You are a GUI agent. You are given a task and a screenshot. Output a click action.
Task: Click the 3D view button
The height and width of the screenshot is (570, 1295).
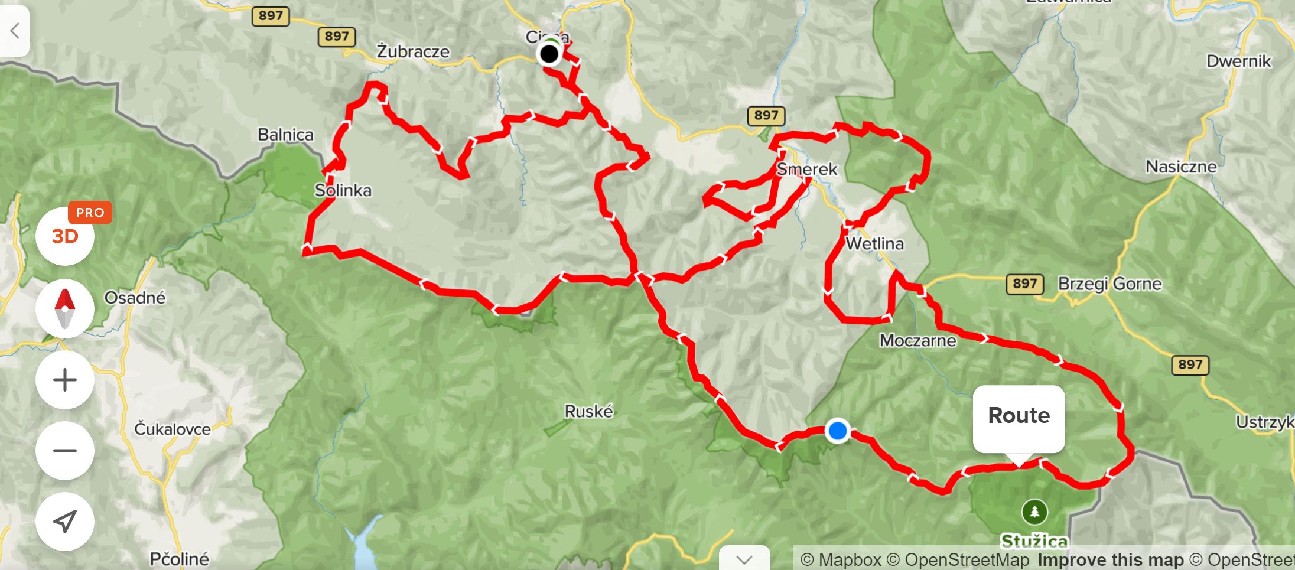click(64, 237)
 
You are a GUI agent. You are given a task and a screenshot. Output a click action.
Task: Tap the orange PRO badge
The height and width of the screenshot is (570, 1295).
click(90, 213)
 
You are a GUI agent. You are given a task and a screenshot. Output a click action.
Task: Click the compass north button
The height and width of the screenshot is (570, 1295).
click(64, 308)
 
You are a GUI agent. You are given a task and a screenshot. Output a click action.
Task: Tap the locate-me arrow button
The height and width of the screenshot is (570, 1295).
click(64, 521)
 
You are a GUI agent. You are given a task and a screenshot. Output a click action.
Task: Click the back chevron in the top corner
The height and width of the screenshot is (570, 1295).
click(15, 30)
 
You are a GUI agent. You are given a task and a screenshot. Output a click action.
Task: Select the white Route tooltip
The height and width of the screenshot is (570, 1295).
click(1019, 416)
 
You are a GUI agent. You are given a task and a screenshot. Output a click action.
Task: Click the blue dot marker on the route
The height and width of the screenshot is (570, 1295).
click(837, 431)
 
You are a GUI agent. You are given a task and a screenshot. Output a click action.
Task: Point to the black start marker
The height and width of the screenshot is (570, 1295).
click(549, 54)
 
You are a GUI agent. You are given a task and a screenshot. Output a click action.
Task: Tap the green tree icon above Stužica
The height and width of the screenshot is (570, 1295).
click(1034, 512)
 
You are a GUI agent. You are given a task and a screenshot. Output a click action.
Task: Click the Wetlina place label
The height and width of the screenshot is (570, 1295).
click(874, 243)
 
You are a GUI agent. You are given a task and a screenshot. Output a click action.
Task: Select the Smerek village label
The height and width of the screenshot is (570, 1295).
click(806, 170)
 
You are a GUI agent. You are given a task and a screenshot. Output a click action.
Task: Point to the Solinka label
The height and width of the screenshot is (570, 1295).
click(343, 190)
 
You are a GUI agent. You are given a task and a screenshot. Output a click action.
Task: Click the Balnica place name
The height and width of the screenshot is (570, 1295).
click(285, 135)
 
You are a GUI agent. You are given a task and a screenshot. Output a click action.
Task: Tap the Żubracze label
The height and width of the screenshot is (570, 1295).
click(413, 52)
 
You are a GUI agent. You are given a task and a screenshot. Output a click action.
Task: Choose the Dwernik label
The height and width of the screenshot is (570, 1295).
click(1238, 61)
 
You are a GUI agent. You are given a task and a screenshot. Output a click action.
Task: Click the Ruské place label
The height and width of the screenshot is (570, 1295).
click(588, 411)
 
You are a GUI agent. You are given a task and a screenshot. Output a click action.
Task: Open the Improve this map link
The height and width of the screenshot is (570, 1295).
click(1111, 559)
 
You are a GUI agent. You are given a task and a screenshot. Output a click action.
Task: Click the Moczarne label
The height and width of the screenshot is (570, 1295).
click(917, 340)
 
